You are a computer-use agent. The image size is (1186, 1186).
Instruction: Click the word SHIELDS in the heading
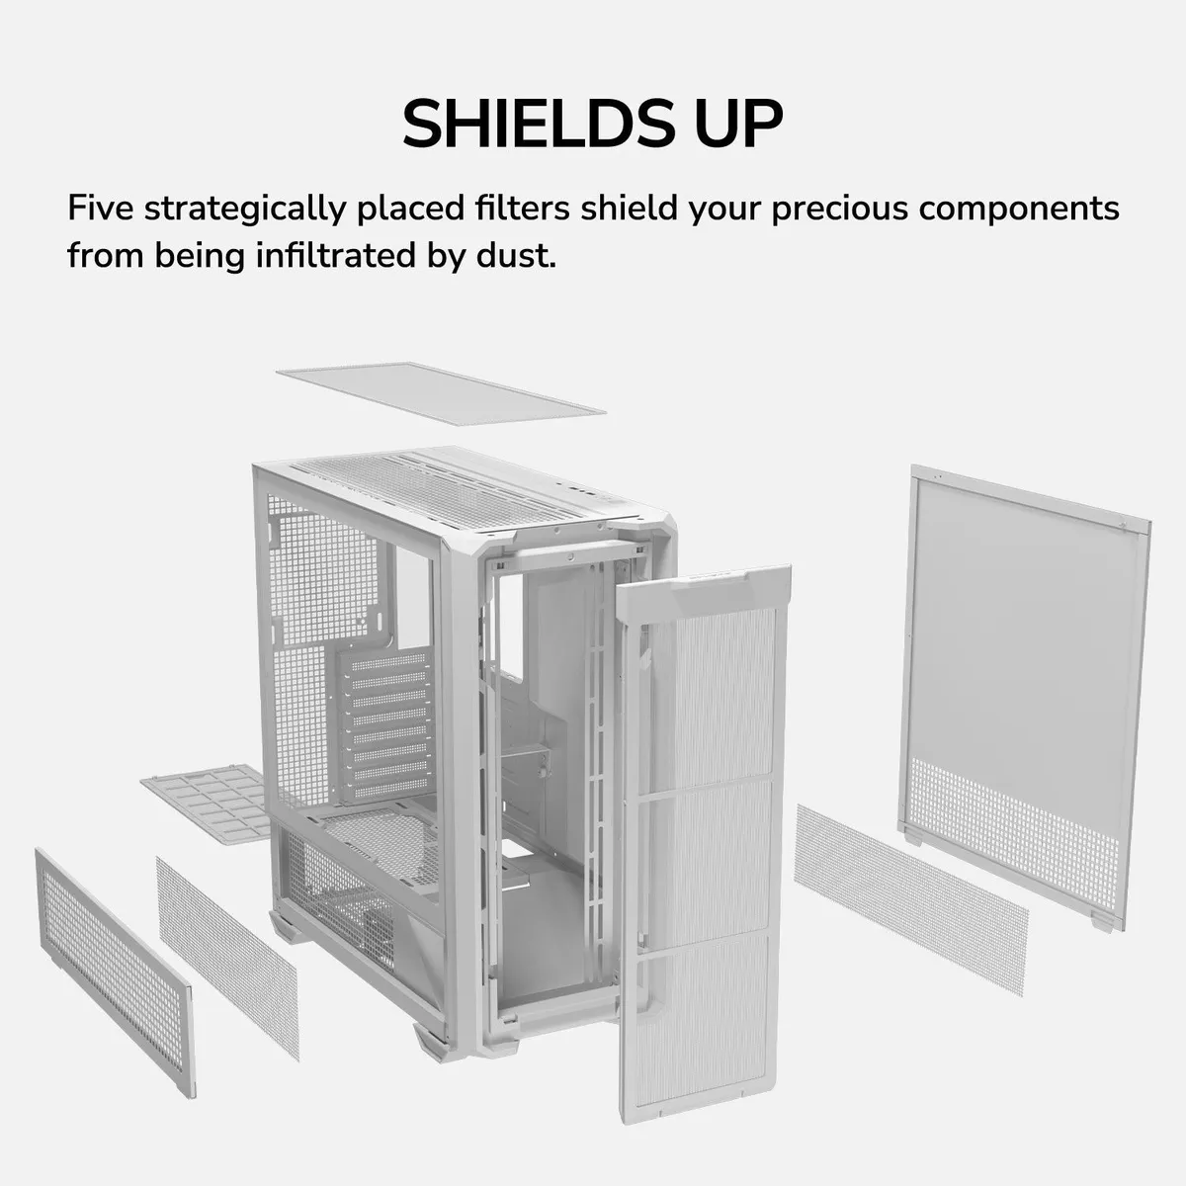coord(540,124)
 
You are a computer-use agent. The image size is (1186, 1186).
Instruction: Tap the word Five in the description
coord(101,208)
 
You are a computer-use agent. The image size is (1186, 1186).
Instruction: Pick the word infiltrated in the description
coord(335,254)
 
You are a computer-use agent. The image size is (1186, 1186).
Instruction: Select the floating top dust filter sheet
coord(441,392)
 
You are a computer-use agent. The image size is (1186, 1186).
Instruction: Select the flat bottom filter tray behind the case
coord(207,802)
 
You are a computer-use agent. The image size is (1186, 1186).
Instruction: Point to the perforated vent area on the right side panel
coord(1014,834)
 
